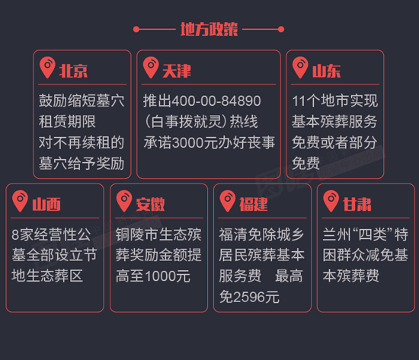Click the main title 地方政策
(x=209, y=29)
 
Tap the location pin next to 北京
(x=47, y=67)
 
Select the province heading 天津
(x=177, y=71)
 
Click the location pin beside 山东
(x=300, y=67)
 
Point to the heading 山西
(x=46, y=205)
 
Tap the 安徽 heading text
(x=150, y=205)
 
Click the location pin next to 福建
(x=228, y=201)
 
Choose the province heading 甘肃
(x=357, y=205)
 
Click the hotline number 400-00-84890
(x=216, y=101)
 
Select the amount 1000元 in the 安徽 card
(x=168, y=276)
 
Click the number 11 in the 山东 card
(x=299, y=101)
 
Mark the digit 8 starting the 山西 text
(x=15, y=234)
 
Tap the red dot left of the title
(x=136, y=29)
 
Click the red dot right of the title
(x=281, y=29)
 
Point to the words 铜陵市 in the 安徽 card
(x=137, y=234)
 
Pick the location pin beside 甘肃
(x=331, y=201)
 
